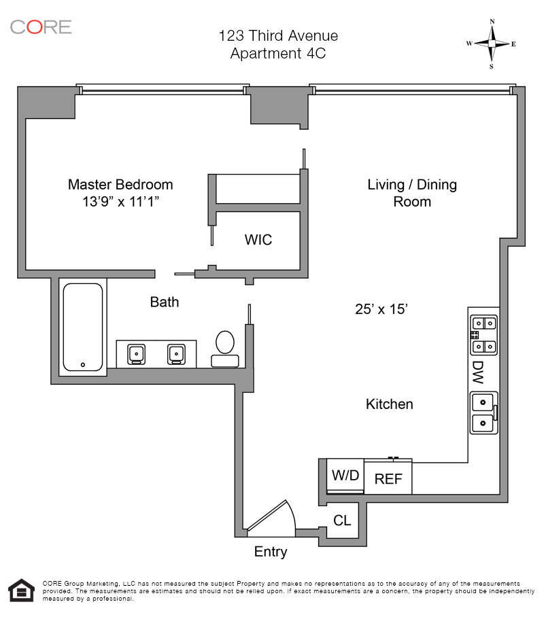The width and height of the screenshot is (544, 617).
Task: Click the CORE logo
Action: [40, 27]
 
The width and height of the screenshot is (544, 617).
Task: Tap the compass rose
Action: [491, 43]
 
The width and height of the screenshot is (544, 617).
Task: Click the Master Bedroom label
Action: [120, 184]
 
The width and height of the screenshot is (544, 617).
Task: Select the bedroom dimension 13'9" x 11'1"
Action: [120, 201]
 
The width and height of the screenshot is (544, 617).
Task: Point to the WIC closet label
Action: [258, 240]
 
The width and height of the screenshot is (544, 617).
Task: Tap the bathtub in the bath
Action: [83, 327]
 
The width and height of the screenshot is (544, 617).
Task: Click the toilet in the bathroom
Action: [224, 347]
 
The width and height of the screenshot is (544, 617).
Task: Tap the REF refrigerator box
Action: [388, 478]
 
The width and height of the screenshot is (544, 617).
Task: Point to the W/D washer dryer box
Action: [345, 476]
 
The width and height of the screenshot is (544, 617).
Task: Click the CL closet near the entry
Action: [342, 521]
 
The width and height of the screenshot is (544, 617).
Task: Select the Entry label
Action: [271, 552]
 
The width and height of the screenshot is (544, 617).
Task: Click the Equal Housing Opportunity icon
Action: [21, 591]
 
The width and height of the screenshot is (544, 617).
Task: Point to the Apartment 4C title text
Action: [277, 54]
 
